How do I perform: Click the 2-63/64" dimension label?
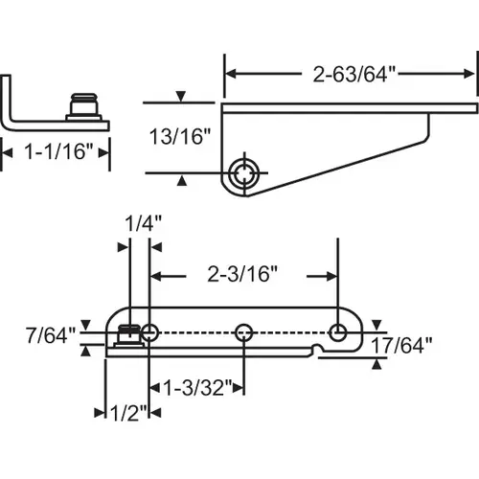pyautogui.click(x=350, y=70)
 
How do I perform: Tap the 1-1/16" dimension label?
pyautogui.click(x=55, y=149)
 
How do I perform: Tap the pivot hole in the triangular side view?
pyautogui.click(x=246, y=173)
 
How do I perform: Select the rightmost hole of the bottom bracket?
pyautogui.click(x=338, y=331)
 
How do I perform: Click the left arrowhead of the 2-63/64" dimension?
pyautogui.click(x=230, y=70)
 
